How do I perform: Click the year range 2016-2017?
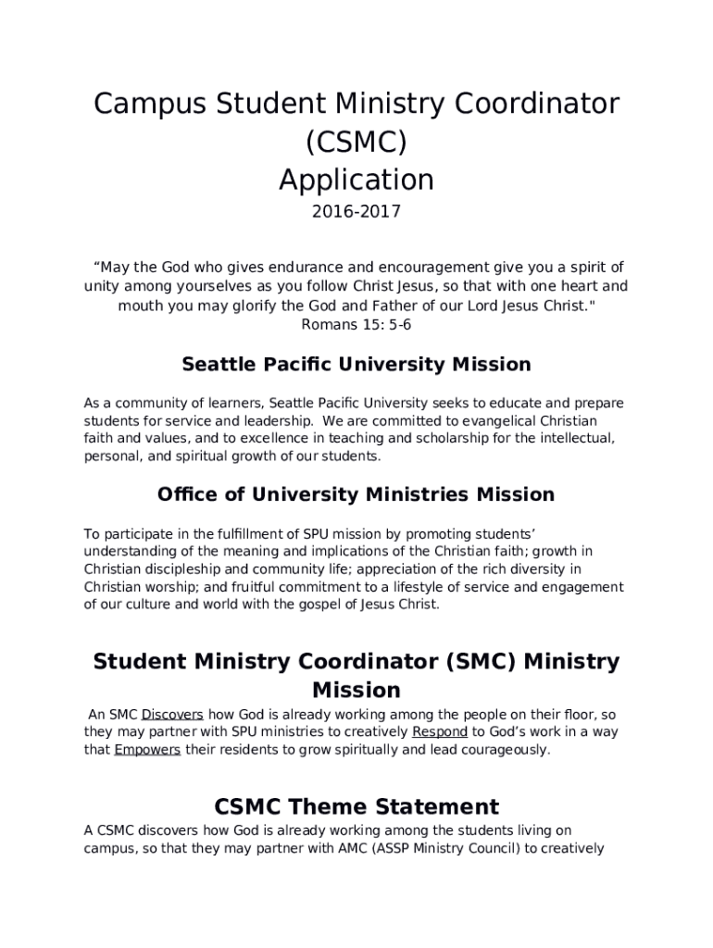[356, 212]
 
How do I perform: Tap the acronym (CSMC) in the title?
[356, 142]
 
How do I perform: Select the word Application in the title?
[356, 179]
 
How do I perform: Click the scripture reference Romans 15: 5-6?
[356, 325]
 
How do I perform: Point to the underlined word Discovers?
[172, 715]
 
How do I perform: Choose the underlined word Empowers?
[147, 750]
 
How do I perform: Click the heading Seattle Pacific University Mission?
[356, 365]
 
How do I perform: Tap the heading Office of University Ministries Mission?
[356, 494]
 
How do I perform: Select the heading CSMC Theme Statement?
[356, 806]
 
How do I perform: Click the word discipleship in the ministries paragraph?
[189, 569]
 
